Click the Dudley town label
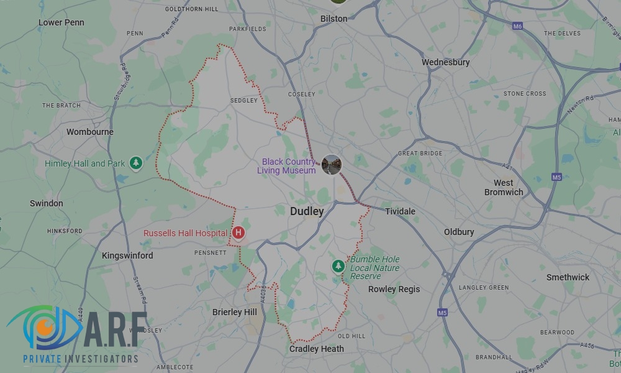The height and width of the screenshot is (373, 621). [307, 211]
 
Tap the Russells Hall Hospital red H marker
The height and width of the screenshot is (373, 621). [238, 233]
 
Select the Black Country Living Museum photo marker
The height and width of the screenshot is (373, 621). [332, 165]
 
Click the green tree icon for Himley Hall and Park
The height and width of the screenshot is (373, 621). [136, 163]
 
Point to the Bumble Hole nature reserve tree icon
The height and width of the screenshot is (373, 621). [338, 266]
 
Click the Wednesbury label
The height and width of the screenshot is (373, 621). [445, 62]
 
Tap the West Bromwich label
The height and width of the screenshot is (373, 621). [504, 187]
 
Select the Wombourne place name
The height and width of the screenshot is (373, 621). [90, 132]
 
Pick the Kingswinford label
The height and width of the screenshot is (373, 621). [127, 256]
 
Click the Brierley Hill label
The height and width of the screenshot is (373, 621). [235, 312]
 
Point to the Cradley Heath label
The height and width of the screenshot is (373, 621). [317, 349]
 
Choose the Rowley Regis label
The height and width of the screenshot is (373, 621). [394, 289]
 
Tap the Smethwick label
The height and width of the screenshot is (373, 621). [568, 277]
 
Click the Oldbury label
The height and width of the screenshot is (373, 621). [459, 232]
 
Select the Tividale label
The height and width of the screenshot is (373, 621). [400, 211]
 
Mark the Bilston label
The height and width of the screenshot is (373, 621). [333, 19]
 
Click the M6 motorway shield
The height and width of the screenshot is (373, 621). [517, 26]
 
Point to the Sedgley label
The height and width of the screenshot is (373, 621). [243, 100]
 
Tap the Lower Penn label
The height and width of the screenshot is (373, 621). [61, 22]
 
